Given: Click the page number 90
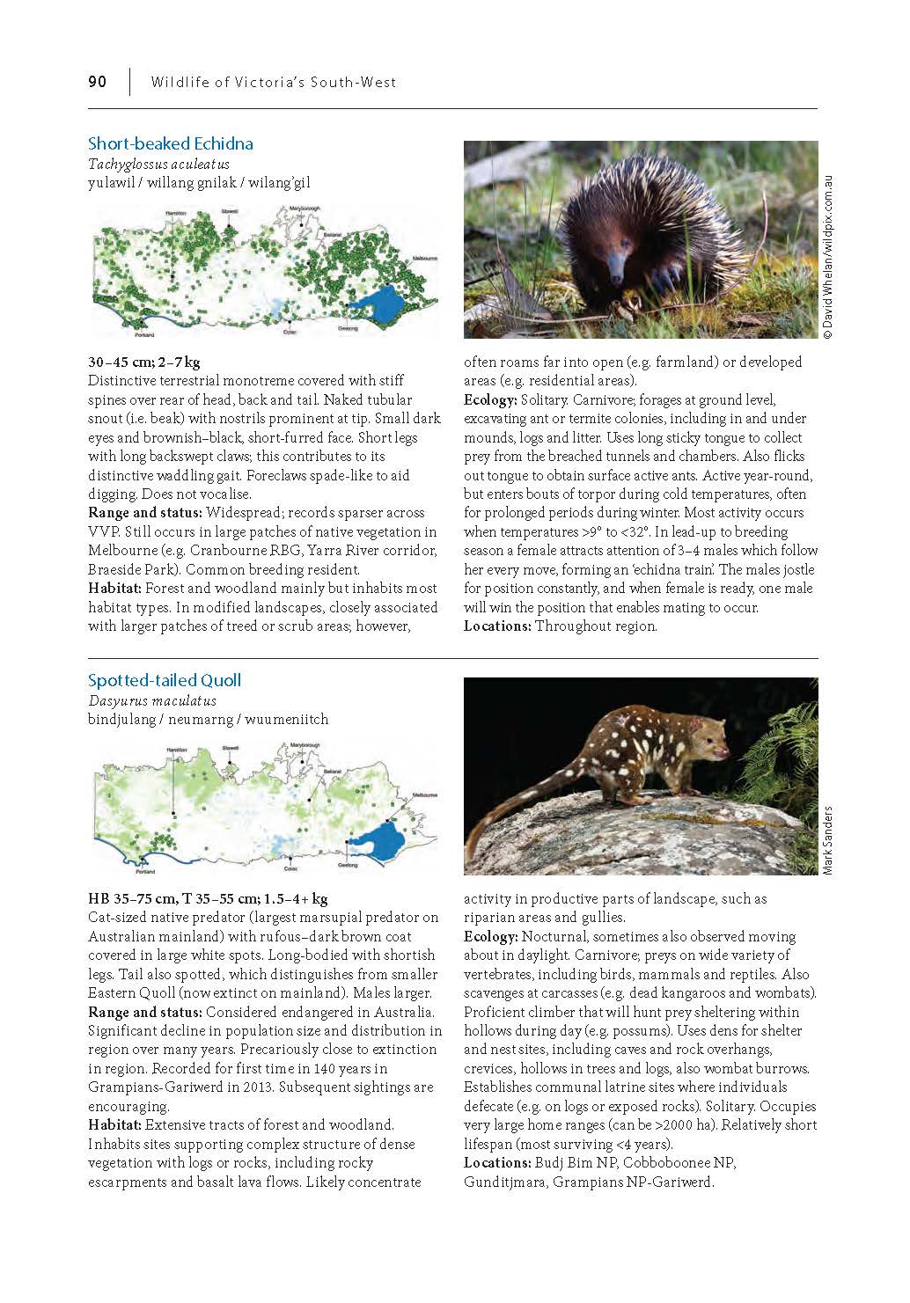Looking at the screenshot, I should coord(97,82).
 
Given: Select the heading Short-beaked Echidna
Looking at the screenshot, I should coord(170,143).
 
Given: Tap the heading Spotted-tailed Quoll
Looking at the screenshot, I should coord(164,680).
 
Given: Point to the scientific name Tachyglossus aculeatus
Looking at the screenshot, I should coord(158,165).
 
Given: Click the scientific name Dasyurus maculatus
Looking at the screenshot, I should coord(151,701).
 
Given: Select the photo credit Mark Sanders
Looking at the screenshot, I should coord(827,840).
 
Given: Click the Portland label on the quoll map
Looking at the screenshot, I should coord(145,872).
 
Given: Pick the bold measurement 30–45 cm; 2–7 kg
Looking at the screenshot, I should coord(144,362).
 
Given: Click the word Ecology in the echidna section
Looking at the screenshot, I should coord(489,400).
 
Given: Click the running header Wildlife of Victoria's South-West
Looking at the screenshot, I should coord(274,82).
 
